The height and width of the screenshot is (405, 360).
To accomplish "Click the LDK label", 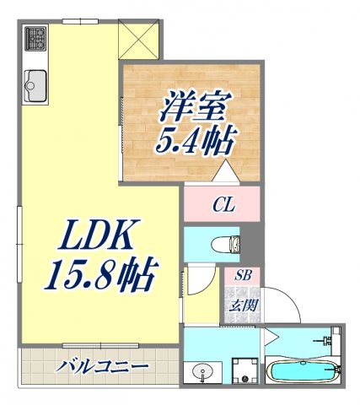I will click(94, 238).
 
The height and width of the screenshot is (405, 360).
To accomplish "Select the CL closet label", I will click(223, 204).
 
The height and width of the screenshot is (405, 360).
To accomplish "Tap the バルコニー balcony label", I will click(103, 368).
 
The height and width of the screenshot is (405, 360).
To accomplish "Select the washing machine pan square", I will click(244, 371).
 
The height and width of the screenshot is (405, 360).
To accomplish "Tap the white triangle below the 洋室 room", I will click(223, 171).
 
